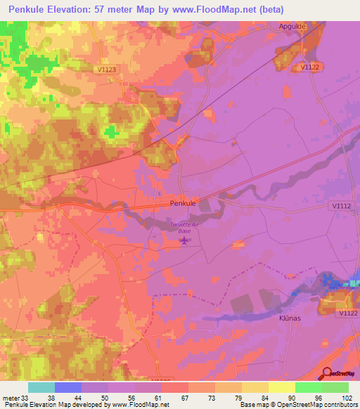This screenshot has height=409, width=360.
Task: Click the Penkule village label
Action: click(183, 202)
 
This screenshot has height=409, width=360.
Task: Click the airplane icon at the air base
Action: click(184, 241)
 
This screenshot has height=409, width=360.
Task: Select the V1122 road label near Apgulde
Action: click(311, 67)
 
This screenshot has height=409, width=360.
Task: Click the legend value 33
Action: click(27, 396)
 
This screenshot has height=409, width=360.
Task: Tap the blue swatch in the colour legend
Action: click(68, 387)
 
